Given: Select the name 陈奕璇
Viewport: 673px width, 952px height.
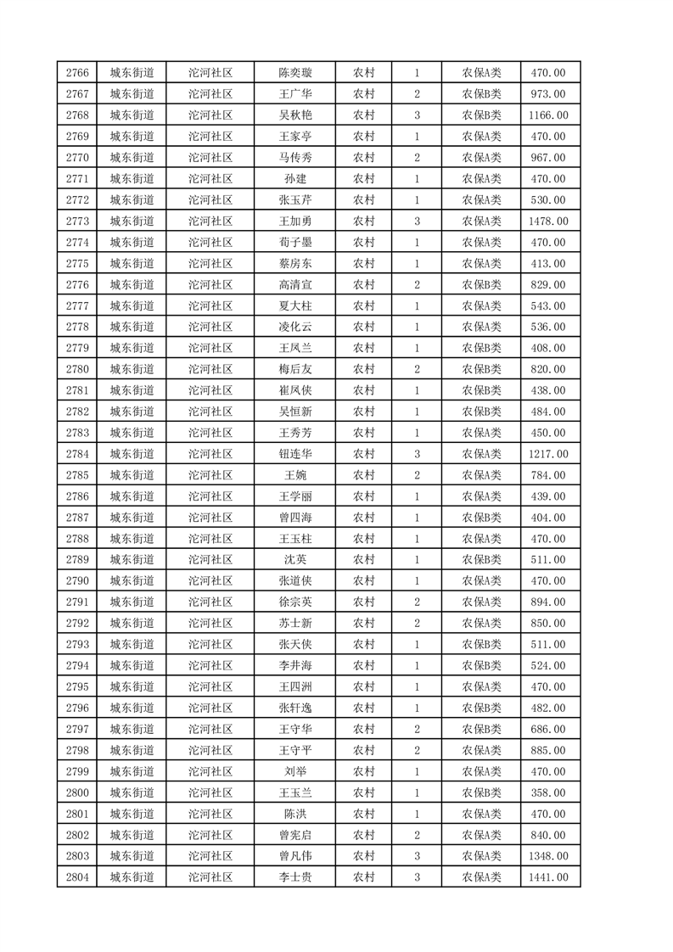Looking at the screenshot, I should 294,73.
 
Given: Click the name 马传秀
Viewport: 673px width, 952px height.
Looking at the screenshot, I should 294,158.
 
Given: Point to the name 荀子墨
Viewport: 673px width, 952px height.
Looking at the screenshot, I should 294,243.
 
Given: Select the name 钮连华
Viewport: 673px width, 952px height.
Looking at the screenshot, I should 294,454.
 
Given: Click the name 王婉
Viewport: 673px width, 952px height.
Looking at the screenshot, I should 294,475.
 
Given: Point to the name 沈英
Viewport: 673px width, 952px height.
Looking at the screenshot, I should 294,560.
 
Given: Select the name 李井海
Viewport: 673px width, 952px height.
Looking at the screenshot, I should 294,665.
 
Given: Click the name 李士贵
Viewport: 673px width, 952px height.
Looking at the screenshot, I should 294,877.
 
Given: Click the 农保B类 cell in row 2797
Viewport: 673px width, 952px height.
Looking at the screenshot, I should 481,729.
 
